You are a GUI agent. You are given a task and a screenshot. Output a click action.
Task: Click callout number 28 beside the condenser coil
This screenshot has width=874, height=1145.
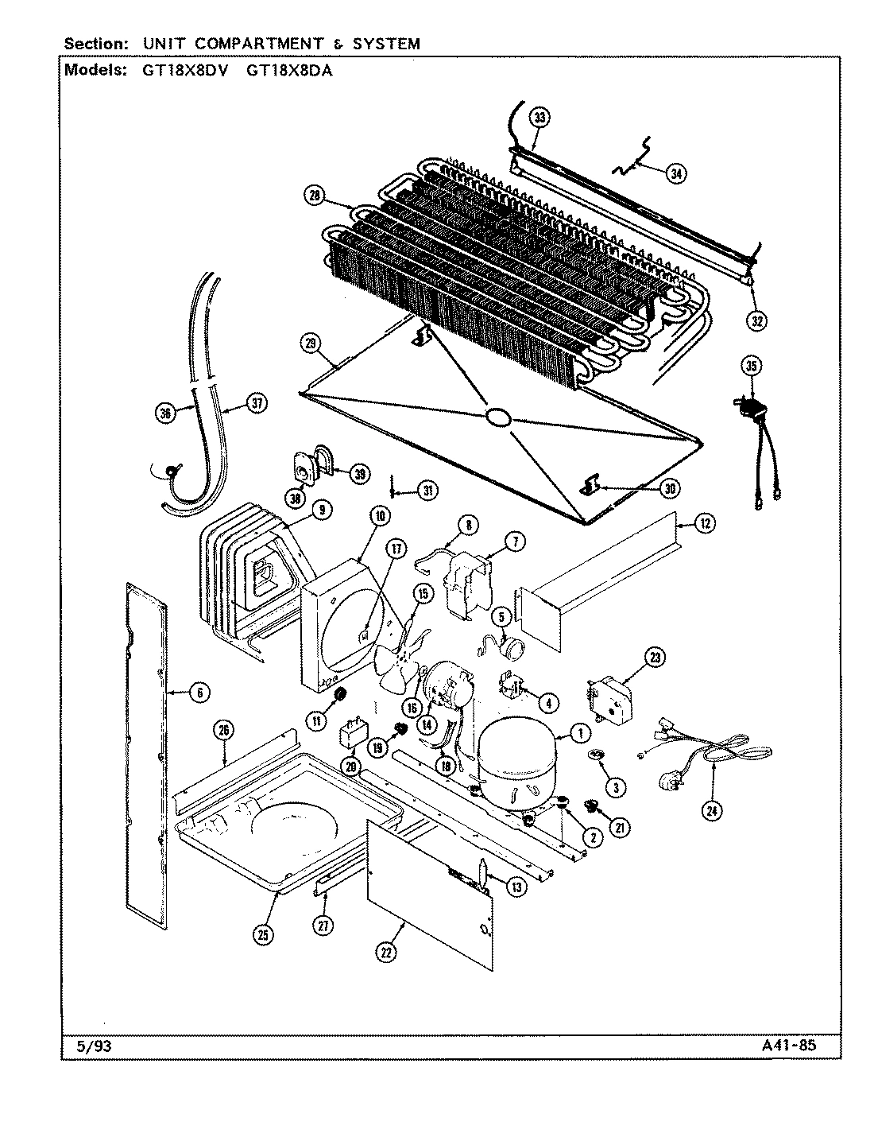pos(314,195)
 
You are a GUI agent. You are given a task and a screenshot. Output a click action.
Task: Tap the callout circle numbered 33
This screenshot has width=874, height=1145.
pos(539,118)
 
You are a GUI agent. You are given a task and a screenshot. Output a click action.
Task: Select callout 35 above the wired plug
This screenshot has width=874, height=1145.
pos(752,366)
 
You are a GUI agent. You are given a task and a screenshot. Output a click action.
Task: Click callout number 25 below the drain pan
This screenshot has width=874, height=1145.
pos(264,935)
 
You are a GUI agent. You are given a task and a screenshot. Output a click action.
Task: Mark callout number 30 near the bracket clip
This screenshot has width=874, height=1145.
pos(671,487)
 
